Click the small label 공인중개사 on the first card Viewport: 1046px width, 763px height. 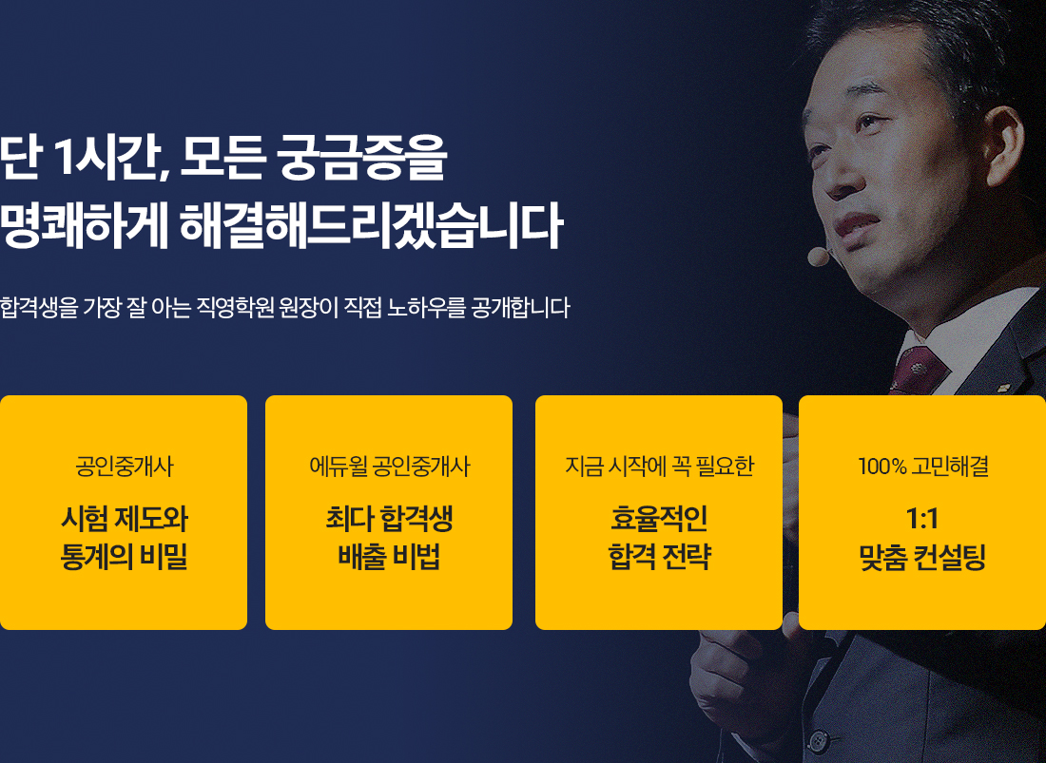click(124, 467)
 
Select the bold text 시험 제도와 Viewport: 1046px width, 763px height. click(124, 520)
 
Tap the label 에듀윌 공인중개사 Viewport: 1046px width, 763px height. click(389, 467)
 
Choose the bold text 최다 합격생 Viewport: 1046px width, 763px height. click(389, 520)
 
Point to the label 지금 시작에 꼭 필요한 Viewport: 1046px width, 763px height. click(659, 467)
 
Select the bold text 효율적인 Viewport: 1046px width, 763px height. click(659, 520)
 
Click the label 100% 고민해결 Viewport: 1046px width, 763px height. click(922, 467)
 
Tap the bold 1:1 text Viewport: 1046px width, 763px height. click(922, 520)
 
